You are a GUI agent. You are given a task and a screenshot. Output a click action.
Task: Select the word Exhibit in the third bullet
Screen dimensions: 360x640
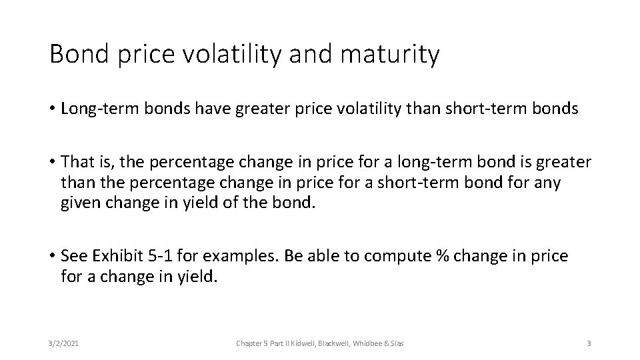pos(118,256)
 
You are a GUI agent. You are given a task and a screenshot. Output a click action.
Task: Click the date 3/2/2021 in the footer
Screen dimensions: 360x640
pos(65,343)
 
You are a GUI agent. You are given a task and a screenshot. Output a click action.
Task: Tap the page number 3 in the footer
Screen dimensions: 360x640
pos(589,343)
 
